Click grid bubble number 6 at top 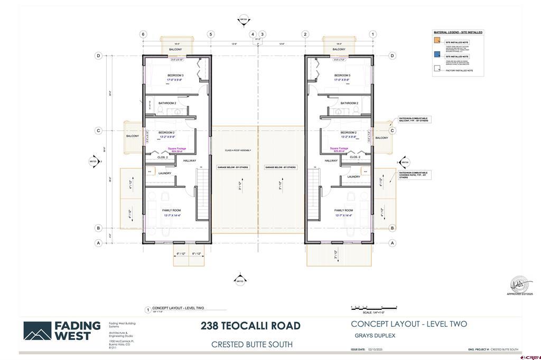coord(143,34)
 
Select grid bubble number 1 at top coord(373,34)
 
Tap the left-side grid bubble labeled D coord(98,55)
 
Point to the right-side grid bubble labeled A coord(393,243)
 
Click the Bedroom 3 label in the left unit coord(175,75)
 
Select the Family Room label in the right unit coord(343,210)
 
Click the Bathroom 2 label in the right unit coord(349,103)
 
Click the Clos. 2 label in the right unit coord(355,157)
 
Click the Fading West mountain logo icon coord(37,331)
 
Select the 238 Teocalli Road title coord(250,326)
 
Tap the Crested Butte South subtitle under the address coord(251,345)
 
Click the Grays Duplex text coord(375,336)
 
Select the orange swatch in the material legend coord(436,42)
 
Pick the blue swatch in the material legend coord(436,56)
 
